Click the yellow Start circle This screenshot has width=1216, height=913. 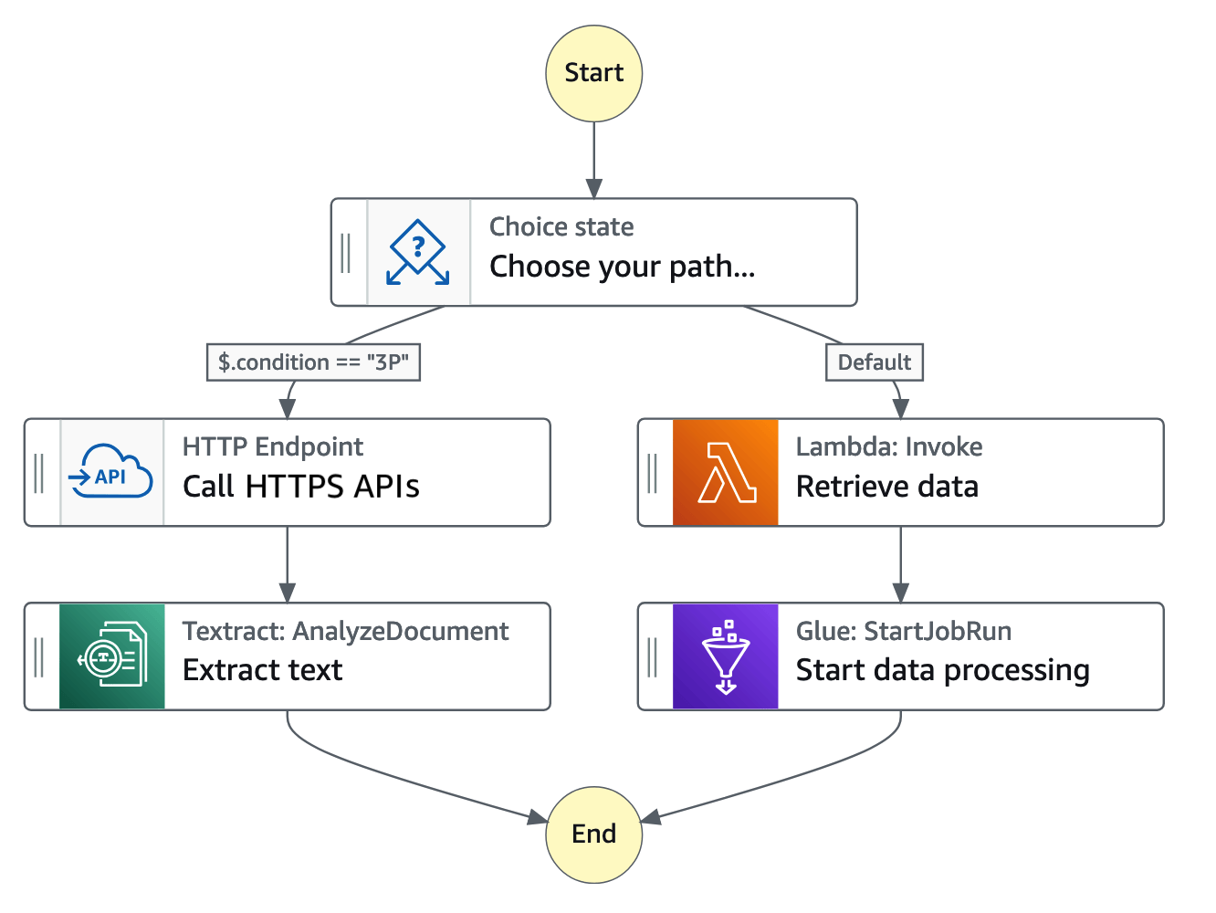click(x=593, y=73)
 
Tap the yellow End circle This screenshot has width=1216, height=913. click(x=593, y=834)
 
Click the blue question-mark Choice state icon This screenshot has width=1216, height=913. click(x=418, y=252)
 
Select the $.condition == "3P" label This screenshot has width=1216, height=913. click(x=313, y=362)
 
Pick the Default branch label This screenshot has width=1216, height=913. click(x=874, y=362)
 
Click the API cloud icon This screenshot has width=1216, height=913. click(x=111, y=472)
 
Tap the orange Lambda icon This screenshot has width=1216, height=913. click(x=725, y=472)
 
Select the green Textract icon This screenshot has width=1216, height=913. click(x=111, y=656)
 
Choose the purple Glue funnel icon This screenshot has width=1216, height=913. click(x=725, y=656)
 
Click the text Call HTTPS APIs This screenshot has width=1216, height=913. click(x=300, y=487)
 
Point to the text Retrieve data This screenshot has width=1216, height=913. click(x=886, y=487)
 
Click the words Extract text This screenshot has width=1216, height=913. click(x=262, y=670)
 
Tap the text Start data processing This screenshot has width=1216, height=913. click(x=942, y=670)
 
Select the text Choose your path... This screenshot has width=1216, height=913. click(x=622, y=267)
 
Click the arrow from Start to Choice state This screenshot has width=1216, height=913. click(x=593, y=160)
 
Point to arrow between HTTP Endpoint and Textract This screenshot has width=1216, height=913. click(x=288, y=564)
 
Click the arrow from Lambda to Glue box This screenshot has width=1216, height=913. click(x=900, y=564)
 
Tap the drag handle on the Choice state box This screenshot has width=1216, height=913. click(x=346, y=252)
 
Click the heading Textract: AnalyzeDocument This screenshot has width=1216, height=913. click(x=345, y=631)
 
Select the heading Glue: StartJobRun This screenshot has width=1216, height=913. click(x=903, y=631)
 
